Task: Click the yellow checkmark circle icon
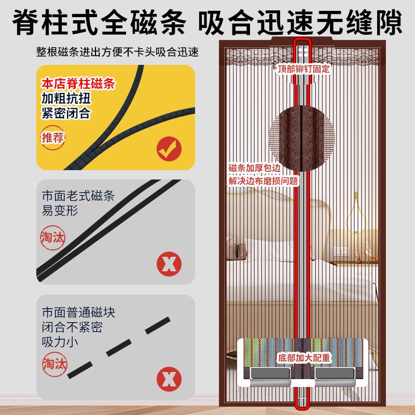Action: [169, 150]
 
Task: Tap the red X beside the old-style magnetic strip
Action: [169, 264]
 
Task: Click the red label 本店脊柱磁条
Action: [78, 84]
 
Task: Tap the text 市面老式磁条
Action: [78, 197]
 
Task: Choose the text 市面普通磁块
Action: [78, 313]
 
